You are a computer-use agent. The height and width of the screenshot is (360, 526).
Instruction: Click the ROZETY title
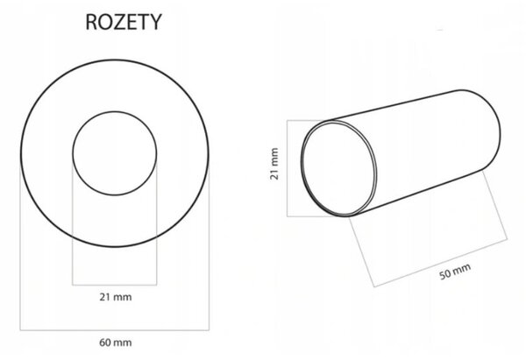(124, 22)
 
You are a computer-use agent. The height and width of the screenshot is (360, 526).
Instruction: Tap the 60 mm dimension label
(116, 342)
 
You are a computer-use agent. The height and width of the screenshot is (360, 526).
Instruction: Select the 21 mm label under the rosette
(116, 297)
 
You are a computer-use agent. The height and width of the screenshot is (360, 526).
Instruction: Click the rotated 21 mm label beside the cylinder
(274, 164)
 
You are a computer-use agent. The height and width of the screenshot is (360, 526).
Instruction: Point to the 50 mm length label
(455, 272)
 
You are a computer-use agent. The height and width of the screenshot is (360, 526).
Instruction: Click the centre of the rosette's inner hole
(115, 153)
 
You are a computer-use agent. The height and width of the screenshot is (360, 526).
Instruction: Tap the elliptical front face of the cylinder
(338, 168)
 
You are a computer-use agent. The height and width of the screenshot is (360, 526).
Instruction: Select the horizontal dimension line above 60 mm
(115, 330)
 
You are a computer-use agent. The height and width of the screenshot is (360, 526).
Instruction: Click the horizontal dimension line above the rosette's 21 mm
(115, 286)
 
